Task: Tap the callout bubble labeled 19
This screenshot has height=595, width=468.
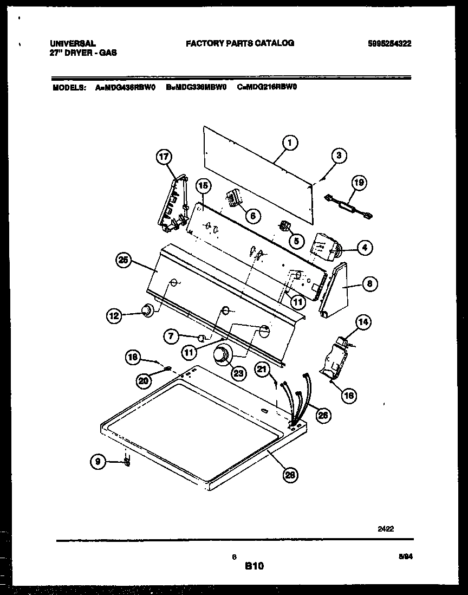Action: (x=357, y=183)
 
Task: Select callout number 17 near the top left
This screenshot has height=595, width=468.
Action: (x=163, y=157)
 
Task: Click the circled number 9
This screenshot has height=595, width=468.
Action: (x=97, y=462)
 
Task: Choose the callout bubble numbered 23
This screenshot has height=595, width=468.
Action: (x=239, y=372)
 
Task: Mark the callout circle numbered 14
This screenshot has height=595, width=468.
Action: (x=363, y=323)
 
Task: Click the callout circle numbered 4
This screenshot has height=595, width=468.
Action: (x=365, y=248)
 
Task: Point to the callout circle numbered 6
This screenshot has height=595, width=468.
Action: (x=251, y=215)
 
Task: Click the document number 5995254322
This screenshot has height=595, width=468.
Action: (x=389, y=44)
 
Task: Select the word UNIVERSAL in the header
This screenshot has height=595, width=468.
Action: (x=73, y=43)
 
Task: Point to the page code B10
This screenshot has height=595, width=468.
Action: (x=253, y=566)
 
